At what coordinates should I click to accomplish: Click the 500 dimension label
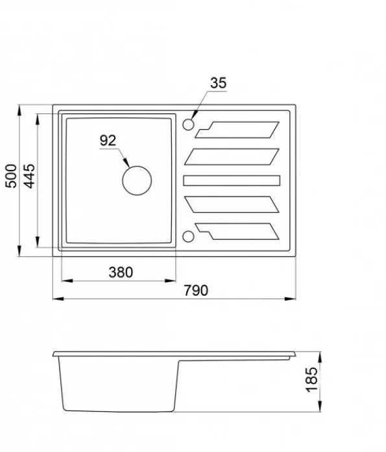[11, 176]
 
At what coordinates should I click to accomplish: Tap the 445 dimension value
[29, 176]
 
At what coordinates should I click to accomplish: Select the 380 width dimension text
[121, 272]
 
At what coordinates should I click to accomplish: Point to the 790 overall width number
[196, 291]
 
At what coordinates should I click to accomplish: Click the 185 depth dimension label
[311, 379]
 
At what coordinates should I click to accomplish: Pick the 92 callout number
[108, 140]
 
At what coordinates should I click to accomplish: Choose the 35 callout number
[219, 83]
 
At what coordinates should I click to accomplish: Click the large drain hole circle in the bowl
[137, 166]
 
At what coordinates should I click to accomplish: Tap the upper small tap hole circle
[188, 119]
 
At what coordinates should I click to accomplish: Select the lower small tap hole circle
[188, 232]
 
